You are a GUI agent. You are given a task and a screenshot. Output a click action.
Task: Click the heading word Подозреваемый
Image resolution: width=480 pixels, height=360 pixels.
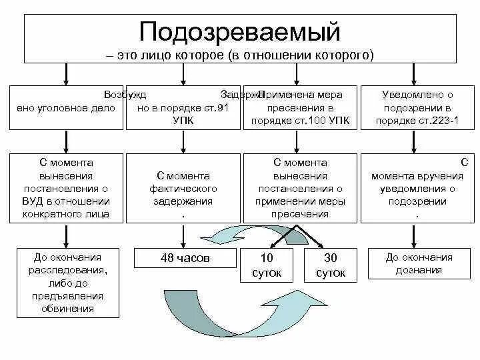240,31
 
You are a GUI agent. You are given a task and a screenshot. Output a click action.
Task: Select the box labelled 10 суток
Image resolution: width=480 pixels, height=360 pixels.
267,265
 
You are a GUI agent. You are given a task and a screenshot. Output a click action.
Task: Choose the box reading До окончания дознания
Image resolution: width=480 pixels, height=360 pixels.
418,263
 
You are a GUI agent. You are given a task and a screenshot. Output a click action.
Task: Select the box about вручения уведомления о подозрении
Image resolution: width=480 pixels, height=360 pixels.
418,188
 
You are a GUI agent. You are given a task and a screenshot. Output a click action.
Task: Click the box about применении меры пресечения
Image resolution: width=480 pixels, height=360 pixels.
300,188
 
